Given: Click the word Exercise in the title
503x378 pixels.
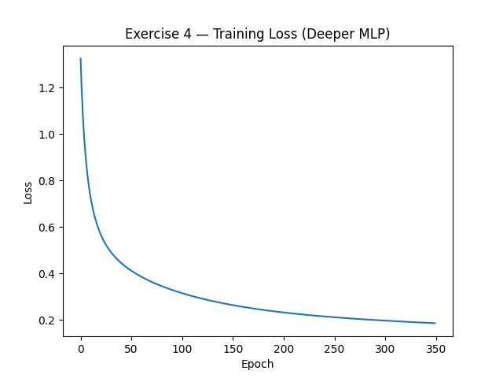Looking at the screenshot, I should coord(149,34).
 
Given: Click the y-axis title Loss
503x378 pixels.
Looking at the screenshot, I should coord(28,192).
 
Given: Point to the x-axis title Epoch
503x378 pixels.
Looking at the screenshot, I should coord(258,364).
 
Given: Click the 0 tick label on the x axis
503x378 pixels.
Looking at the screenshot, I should coord(81,349).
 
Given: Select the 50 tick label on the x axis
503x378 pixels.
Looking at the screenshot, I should coord(131,349).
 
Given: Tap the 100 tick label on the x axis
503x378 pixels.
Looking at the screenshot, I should coord(182,349).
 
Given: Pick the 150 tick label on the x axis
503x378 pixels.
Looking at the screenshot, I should coord(233,349).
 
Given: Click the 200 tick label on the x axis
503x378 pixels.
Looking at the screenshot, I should coord(284,349).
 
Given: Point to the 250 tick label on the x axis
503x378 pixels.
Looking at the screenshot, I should coord(334,349).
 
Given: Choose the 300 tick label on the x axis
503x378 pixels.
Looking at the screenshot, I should coord(385,349).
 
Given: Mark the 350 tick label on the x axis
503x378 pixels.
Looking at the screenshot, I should coord(435,349).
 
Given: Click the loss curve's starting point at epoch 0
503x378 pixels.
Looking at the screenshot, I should coord(81,59).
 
